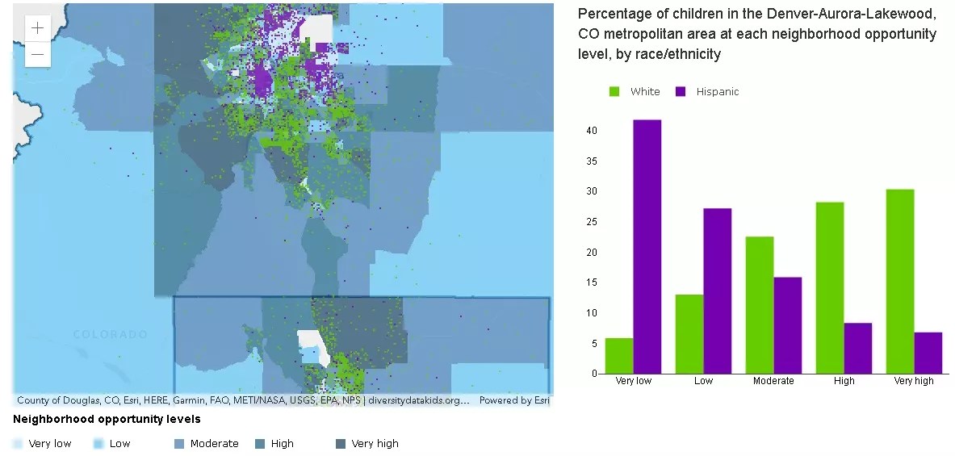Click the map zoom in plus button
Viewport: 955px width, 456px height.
coord(38,28)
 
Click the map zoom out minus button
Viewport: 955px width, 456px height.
coord(38,54)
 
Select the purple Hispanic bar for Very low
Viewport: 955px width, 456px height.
coord(647,246)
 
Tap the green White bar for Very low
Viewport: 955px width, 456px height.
coord(619,356)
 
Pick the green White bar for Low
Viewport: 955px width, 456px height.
coord(689,334)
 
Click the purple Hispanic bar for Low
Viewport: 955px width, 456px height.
coord(718,291)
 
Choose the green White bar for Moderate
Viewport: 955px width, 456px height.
coord(760,305)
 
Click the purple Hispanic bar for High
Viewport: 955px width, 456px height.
coord(858,348)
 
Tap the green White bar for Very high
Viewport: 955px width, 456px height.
coord(900,282)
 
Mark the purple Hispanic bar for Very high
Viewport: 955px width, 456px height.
coord(928,353)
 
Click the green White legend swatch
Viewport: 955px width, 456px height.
coord(615,92)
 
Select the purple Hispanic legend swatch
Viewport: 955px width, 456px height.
coord(681,92)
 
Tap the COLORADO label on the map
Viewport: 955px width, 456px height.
coord(110,334)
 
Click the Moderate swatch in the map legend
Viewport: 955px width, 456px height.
coord(180,444)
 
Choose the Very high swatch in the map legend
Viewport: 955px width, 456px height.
coord(341,444)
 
